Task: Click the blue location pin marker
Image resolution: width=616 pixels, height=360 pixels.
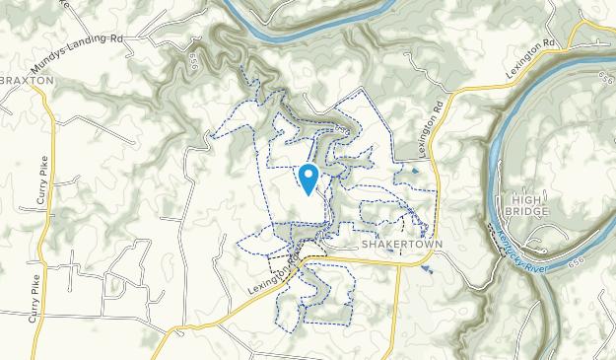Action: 308,179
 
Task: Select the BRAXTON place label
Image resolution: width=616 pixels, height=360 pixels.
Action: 19,80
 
